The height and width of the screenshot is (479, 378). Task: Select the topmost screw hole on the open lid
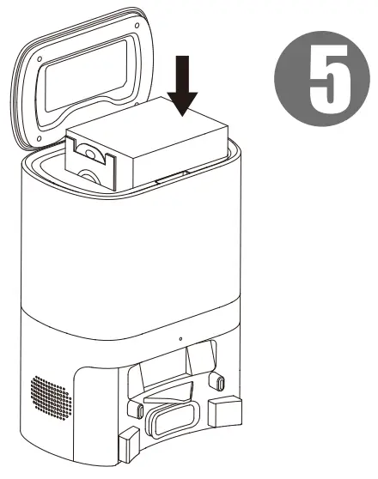click(137, 26)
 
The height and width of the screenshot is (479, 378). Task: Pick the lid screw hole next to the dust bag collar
click(40, 139)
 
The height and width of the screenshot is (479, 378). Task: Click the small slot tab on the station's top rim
click(171, 177)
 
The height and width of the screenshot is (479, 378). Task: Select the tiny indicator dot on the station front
click(180, 339)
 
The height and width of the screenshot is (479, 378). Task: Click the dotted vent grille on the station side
click(51, 398)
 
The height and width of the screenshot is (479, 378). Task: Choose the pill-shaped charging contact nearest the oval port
click(139, 410)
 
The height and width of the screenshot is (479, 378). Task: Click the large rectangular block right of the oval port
click(225, 411)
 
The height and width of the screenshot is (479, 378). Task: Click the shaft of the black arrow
click(183, 74)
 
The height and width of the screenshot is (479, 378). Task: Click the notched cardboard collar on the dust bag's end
click(92, 162)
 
